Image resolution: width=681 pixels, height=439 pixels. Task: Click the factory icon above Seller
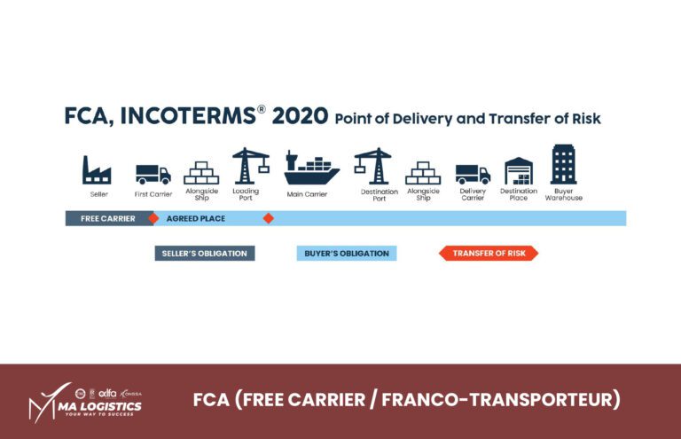tap(97, 170)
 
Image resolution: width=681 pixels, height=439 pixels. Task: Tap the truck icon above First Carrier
tap(153, 174)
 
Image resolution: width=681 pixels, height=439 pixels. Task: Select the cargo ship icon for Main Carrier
tap(311, 169)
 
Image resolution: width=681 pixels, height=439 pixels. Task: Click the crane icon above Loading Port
tap(250, 166)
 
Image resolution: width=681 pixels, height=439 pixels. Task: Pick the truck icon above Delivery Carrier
tap(473, 174)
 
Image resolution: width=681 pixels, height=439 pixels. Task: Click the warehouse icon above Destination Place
tap(519, 170)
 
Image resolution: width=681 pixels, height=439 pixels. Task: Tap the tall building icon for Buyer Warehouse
tap(564, 165)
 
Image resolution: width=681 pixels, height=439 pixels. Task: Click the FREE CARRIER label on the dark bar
tap(107, 218)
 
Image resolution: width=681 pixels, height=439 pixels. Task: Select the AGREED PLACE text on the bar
tap(196, 218)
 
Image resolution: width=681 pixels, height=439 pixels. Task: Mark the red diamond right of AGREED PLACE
tap(269, 218)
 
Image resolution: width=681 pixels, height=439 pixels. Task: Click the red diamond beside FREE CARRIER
tap(153, 218)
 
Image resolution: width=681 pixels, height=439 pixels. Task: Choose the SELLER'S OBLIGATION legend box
tap(205, 254)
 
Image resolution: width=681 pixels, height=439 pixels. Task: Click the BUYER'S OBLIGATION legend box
tap(347, 254)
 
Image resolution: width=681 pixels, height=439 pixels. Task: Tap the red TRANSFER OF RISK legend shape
tap(489, 254)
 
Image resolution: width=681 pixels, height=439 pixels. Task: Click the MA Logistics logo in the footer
tap(86, 402)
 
